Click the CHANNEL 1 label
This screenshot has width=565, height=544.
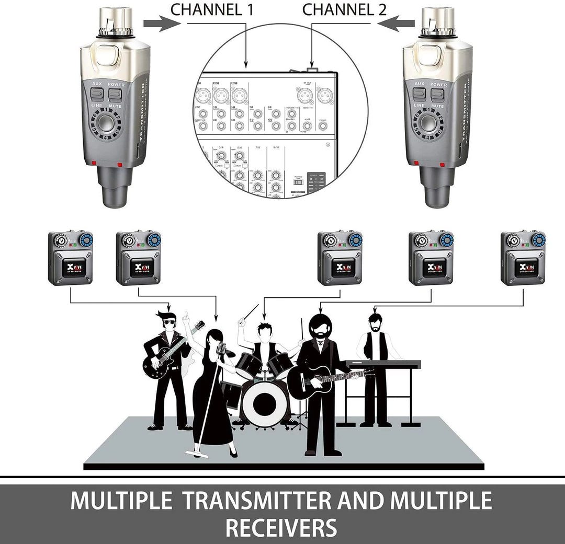pyautogui.click(x=212, y=9)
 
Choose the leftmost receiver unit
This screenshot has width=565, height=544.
pyautogui.click(x=71, y=258)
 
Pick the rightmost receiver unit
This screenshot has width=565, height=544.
pyautogui.click(x=523, y=258)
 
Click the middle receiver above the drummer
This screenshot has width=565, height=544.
pyautogui.click(x=340, y=258)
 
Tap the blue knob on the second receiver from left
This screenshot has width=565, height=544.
pyautogui.click(x=154, y=240)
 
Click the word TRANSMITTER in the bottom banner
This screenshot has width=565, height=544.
pyautogui.click(x=254, y=501)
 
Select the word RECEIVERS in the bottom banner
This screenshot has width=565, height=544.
pyautogui.click(x=281, y=527)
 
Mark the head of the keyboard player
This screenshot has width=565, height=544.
pyautogui.click(x=375, y=321)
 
